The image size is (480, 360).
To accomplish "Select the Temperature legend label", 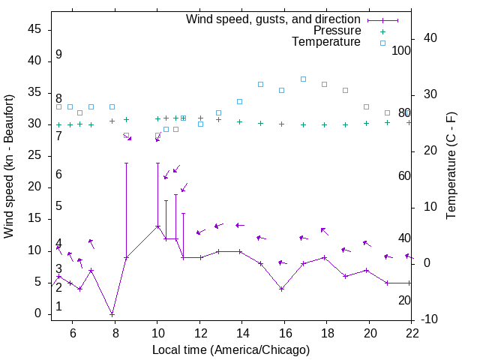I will coord(326,42).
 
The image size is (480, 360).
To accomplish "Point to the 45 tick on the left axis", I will coord(34,28).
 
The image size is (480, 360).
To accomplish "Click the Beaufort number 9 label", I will coord(58,55).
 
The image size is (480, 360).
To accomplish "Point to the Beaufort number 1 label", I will coord(58,307).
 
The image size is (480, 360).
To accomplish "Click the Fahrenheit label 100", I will coord(401,51).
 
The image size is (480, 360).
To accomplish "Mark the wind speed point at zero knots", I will coord(112,313).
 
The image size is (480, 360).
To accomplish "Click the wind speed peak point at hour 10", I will coord(157,226).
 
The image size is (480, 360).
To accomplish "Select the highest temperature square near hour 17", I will coord(303,79).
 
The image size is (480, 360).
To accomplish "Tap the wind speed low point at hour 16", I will coord(281,289).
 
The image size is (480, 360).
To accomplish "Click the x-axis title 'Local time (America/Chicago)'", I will coord(230,349).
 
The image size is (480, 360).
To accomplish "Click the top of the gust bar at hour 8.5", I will coord(126,163).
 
